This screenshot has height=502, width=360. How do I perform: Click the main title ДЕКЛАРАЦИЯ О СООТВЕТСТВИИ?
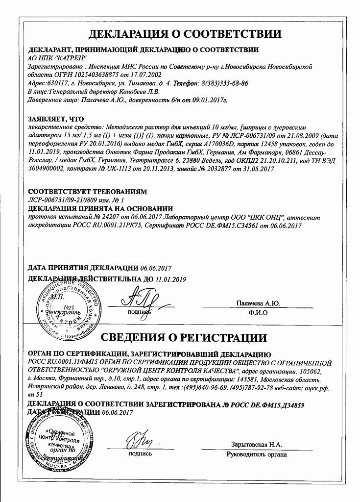click(185, 34)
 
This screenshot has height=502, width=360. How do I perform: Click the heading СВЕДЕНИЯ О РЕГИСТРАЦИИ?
click(184, 338)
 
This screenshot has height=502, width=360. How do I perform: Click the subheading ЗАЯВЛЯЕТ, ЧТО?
click(56, 119)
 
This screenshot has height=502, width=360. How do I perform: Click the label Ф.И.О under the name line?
click(258, 314)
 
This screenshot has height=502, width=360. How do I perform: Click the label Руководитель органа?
click(257, 454)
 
